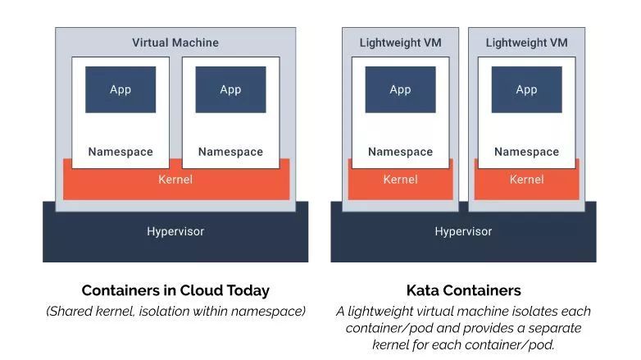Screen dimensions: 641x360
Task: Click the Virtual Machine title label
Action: (x=175, y=43)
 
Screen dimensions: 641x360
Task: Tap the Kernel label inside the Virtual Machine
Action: (x=175, y=180)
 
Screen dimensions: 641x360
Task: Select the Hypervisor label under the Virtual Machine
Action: (x=175, y=231)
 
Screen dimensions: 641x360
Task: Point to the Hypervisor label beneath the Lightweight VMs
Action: (x=463, y=231)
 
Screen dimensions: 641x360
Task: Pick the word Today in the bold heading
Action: (x=248, y=291)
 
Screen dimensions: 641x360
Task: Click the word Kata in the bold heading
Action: (x=422, y=290)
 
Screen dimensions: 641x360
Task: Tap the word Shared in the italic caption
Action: (x=70, y=312)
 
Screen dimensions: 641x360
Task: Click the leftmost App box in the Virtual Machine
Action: (x=120, y=89)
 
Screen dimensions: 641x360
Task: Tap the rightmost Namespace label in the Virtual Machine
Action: (x=230, y=152)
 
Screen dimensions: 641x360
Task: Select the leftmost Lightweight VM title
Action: (x=401, y=43)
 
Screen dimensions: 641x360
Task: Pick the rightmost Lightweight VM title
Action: (x=526, y=43)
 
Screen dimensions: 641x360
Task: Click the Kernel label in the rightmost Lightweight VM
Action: (x=526, y=180)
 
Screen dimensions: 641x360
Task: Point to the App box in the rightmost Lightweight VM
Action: (x=526, y=89)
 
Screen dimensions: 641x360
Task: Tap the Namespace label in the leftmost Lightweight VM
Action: (x=401, y=152)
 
